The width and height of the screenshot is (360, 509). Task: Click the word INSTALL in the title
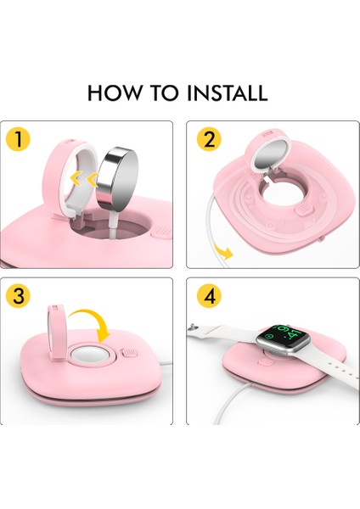pyautogui.click(x=224, y=92)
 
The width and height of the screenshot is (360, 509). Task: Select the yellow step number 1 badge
pyautogui.click(x=16, y=139)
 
